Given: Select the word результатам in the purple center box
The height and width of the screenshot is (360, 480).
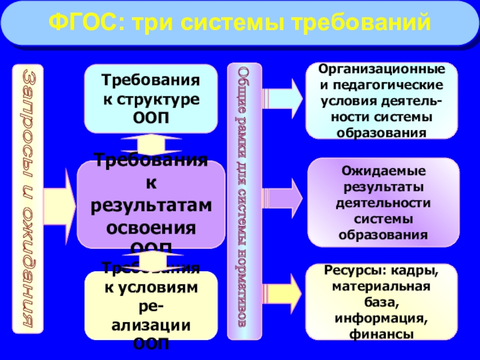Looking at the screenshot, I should tap(151, 206).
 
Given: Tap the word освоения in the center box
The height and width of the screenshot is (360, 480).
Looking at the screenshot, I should tap(151, 228).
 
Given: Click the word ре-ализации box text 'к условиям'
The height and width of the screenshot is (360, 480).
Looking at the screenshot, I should tap(151, 288).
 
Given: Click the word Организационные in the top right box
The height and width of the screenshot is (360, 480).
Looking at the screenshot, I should tap(382, 70).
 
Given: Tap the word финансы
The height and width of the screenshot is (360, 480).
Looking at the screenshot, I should tap(382, 334).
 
